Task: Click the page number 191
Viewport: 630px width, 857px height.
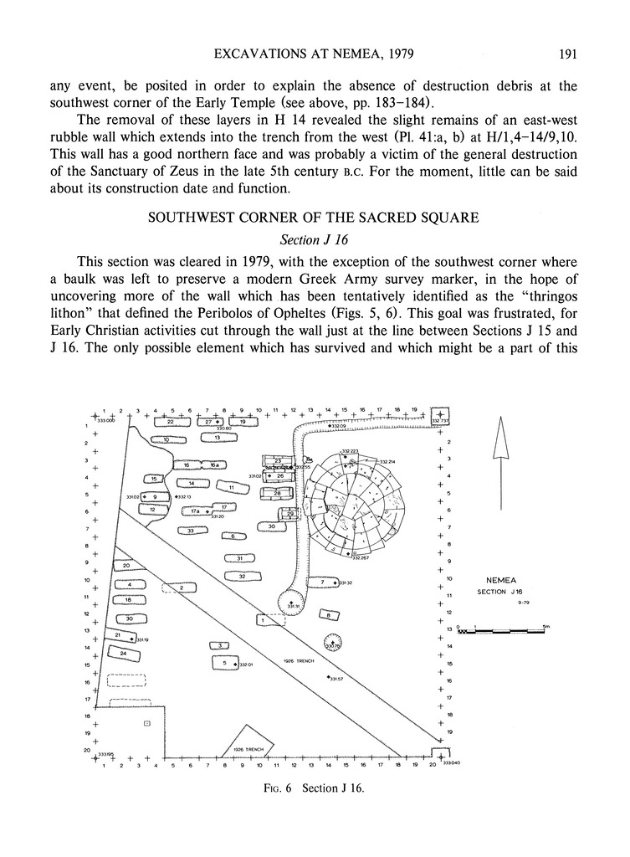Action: tap(562, 56)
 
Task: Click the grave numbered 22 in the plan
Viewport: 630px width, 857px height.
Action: tap(170, 422)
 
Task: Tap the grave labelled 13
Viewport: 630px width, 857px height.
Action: tap(218, 438)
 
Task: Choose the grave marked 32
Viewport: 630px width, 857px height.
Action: tap(241, 576)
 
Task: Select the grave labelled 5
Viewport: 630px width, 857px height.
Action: tap(224, 663)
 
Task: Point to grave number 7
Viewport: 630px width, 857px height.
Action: tap(321, 582)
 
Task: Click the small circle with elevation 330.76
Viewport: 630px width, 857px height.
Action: tap(331, 643)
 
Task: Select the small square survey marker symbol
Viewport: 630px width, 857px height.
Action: tap(147, 721)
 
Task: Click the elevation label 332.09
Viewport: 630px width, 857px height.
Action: tap(337, 427)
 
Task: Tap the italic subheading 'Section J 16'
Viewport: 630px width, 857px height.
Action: tap(315, 238)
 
